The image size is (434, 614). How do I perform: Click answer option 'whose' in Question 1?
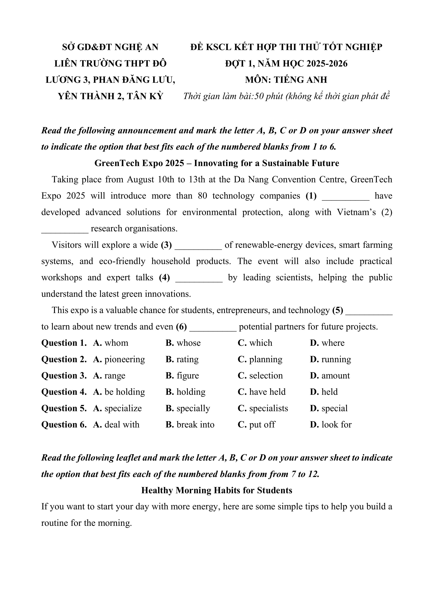point(188,343)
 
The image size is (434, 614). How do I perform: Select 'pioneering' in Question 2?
point(124,359)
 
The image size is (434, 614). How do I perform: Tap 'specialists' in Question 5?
point(269,408)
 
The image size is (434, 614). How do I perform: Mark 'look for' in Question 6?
point(336,425)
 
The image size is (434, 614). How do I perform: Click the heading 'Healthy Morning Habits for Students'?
point(217,490)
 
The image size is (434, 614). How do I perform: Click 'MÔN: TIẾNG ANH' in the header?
point(286,80)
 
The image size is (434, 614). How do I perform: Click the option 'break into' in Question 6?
point(195,425)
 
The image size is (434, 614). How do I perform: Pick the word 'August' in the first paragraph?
point(140,179)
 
